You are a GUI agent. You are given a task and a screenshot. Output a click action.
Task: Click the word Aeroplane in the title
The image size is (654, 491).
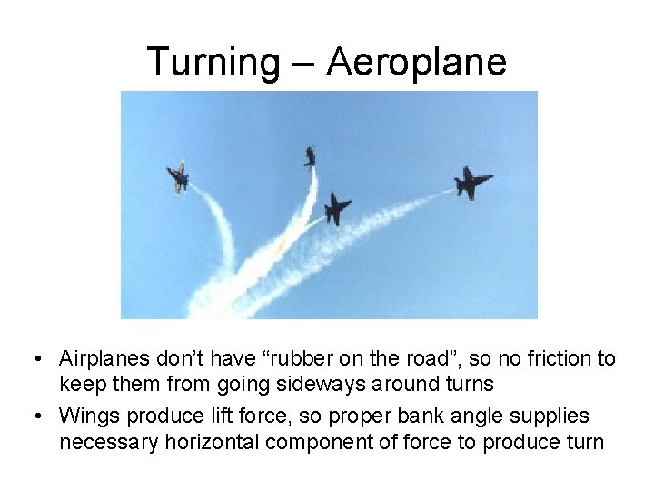click(415, 62)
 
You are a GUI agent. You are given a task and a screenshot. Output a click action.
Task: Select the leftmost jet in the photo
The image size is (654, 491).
click(178, 176)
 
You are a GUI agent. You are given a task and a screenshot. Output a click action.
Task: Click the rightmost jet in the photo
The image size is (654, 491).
click(471, 182)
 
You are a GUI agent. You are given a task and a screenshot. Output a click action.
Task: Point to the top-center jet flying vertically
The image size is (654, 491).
click(311, 157)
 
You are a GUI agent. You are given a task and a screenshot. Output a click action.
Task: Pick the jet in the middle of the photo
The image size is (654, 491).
click(337, 208)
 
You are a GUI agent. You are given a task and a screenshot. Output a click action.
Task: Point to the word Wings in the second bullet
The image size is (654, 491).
click(90, 416)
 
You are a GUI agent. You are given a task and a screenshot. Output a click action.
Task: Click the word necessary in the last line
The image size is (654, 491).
click(102, 444)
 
